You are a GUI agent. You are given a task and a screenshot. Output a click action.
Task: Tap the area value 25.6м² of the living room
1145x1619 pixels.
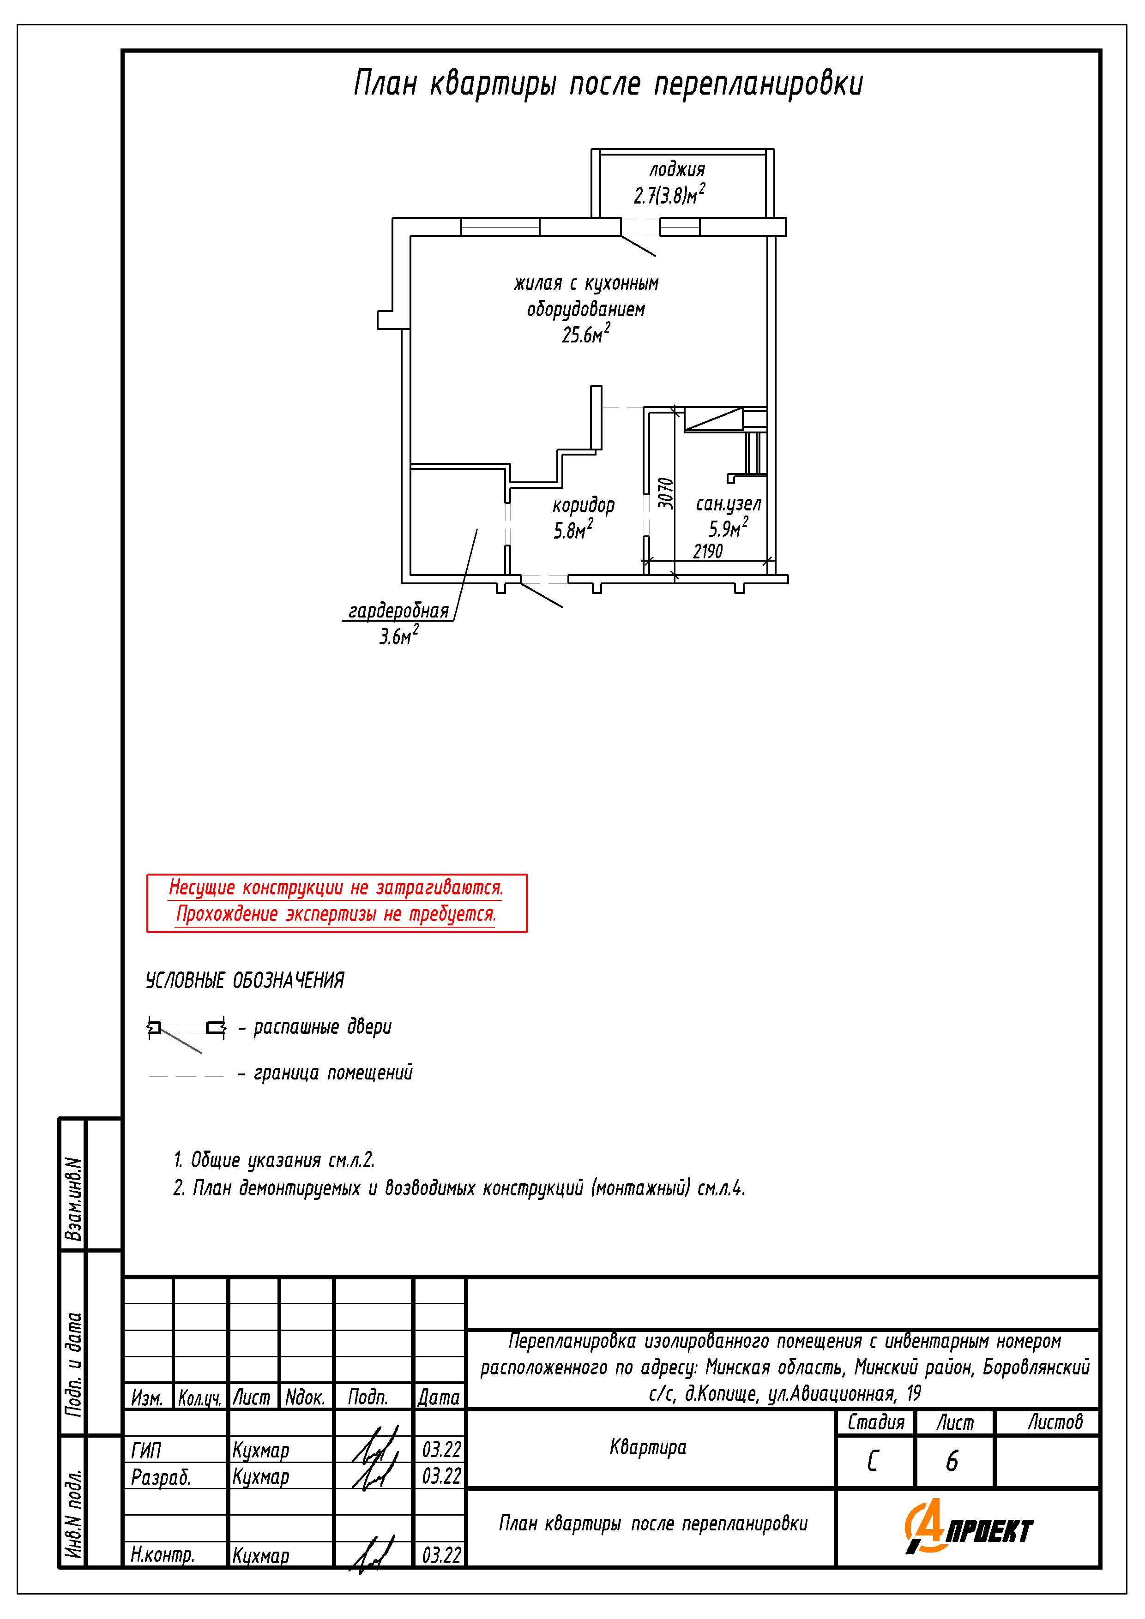pyautogui.click(x=585, y=334)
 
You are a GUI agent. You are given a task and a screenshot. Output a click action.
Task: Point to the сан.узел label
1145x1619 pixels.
pyautogui.click(x=728, y=504)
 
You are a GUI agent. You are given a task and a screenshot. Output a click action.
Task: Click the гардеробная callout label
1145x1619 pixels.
pyautogui.click(x=398, y=611)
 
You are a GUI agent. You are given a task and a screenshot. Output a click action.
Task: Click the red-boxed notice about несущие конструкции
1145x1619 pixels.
pyautogui.click(x=337, y=903)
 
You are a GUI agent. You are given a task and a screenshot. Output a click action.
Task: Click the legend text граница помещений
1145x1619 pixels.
pyautogui.click(x=333, y=1073)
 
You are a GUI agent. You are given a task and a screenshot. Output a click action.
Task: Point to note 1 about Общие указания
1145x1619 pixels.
pyautogui.click(x=274, y=1160)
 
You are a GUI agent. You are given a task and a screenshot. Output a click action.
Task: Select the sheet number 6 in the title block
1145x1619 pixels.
pyautogui.click(x=952, y=1461)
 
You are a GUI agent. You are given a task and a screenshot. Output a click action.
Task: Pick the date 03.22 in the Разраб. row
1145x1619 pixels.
pyautogui.click(x=441, y=1476)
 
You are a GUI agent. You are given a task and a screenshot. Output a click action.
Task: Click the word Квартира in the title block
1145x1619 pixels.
pyautogui.click(x=648, y=1448)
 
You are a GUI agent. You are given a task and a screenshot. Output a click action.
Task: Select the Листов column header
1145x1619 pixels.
pyautogui.click(x=1054, y=1422)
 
